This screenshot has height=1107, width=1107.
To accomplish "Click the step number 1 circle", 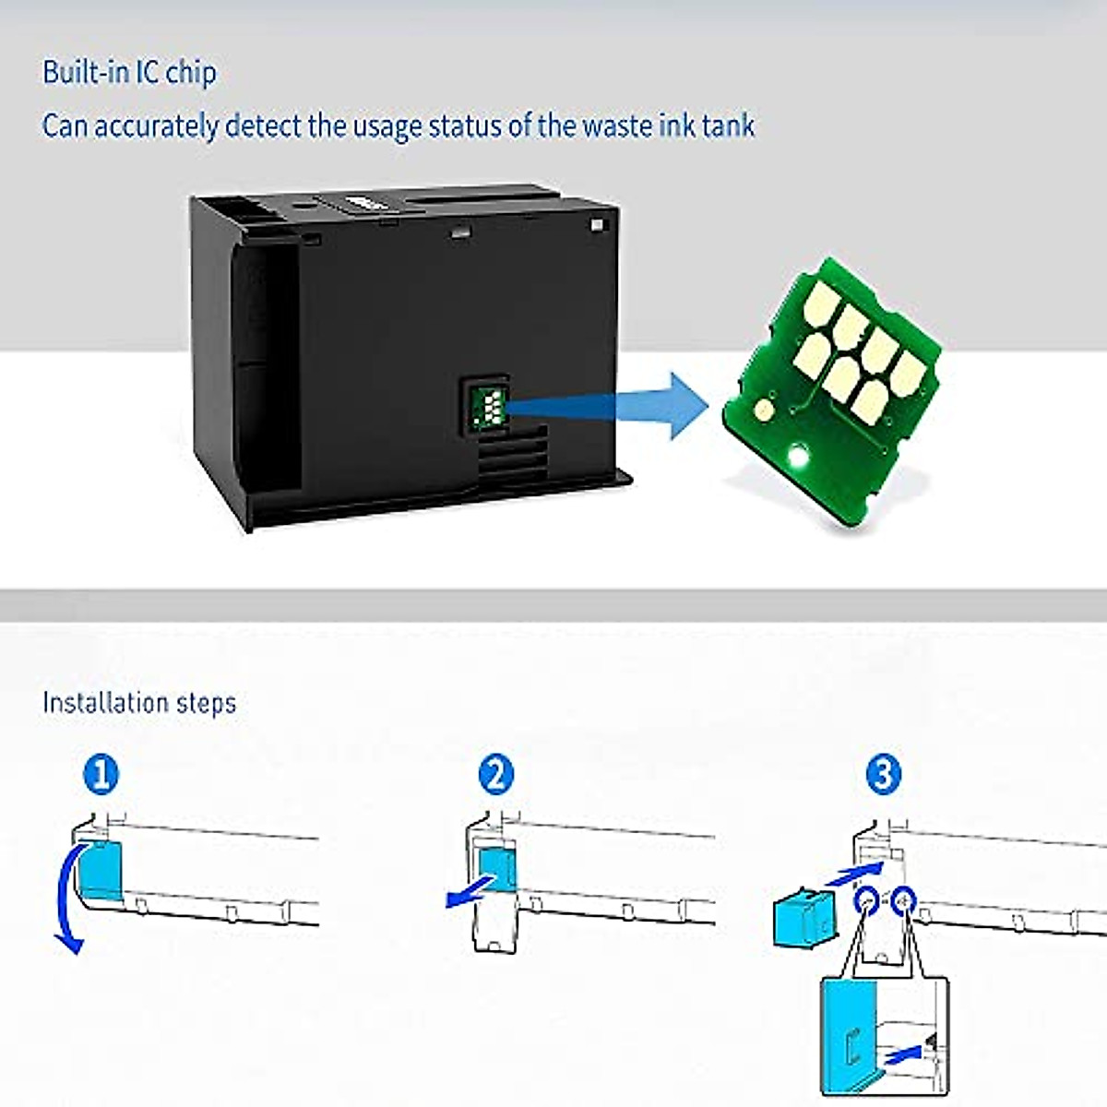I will [101, 774].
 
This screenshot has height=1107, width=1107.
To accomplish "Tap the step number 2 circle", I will [496, 774].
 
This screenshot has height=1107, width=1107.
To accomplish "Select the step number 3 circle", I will [883, 774].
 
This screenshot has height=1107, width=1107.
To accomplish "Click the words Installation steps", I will [139, 703].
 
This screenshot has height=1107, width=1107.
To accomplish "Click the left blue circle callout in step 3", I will [866, 899].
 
